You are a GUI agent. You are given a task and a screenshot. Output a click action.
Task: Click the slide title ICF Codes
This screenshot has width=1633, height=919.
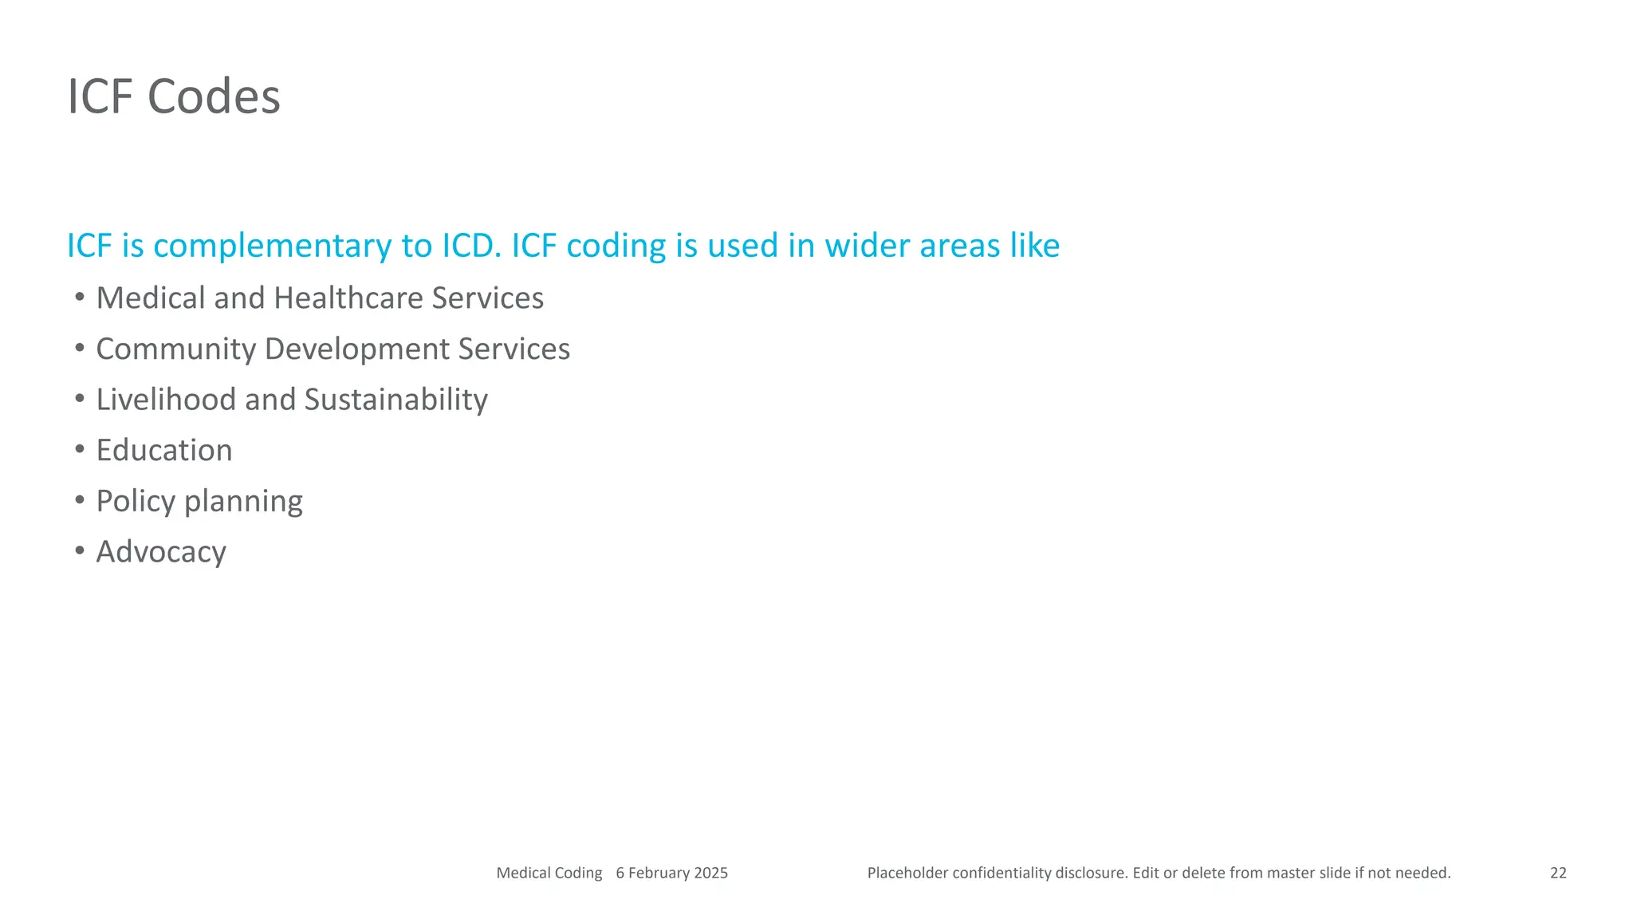click(x=174, y=97)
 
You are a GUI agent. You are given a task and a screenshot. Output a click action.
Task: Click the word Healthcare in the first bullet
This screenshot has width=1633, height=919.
click(x=348, y=298)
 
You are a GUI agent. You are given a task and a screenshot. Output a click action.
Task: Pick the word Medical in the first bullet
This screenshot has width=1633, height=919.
click(x=151, y=298)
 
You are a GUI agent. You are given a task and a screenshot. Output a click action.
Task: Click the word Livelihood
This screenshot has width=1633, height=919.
click(x=166, y=400)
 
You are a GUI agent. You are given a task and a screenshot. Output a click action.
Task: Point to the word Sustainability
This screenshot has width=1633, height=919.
click(x=395, y=400)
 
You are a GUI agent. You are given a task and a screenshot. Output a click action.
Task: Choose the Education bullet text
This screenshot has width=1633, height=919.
click(x=164, y=451)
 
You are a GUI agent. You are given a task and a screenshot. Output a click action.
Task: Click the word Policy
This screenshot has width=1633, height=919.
click(x=136, y=502)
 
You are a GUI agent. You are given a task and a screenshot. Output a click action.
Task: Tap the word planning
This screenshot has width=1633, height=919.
click(x=243, y=502)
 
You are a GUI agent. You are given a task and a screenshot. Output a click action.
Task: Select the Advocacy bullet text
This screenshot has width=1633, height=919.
click(x=161, y=552)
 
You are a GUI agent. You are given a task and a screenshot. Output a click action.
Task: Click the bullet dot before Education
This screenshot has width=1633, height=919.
click(x=80, y=449)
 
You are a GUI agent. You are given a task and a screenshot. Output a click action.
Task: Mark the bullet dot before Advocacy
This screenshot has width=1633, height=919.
click(x=80, y=550)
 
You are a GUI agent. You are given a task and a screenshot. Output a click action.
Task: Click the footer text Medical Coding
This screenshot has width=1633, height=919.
click(x=549, y=873)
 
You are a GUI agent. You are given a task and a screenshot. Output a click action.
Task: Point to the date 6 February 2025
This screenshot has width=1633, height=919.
click(x=671, y=873)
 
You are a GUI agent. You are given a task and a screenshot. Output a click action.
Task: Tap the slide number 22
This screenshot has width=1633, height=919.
click(x=1558, y=873)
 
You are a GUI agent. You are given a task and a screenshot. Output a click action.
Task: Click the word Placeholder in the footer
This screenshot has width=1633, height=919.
click(x=907, y=873)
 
